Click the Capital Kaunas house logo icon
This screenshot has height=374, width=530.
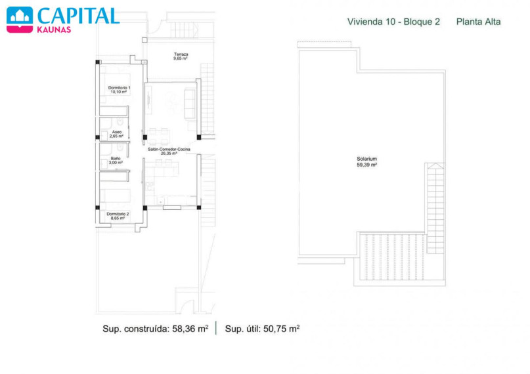pos(20,20)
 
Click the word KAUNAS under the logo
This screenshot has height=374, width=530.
pos(54,30)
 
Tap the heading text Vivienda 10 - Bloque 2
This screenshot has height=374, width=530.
pos(393,22)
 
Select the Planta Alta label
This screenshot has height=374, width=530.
pos(478,22)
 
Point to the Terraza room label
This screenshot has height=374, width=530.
pos(181,54)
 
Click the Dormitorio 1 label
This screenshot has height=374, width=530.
pos(119,88)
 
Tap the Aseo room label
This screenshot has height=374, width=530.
pos(117,132)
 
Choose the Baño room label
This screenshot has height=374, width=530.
pos(116,158)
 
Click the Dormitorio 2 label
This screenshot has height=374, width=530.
pos(118,214)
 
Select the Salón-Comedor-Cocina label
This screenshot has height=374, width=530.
pos(169,149)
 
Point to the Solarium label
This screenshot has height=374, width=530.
pos(366,159)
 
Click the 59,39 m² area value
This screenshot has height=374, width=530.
pos(366,165)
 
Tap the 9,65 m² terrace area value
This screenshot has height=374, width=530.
pos(181,58)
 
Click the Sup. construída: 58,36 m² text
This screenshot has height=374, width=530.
pos(156,329)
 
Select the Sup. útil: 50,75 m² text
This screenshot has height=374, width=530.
pos(262,329)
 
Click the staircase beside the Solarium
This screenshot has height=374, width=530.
pos(435,208)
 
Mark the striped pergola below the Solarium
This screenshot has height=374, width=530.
pos(393,257)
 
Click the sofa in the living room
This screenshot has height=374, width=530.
pos(190,104)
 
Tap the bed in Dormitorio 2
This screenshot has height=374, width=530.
pos(116,196)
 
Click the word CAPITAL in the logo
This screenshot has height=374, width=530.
pos(78,16)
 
